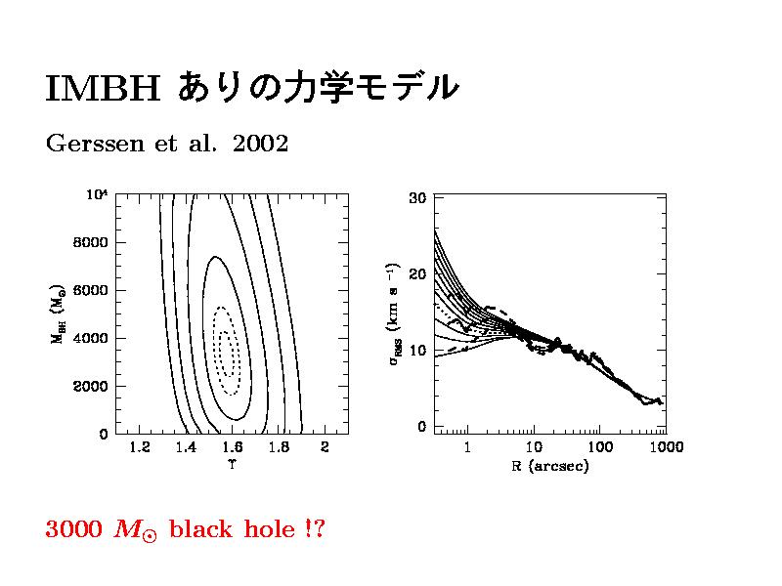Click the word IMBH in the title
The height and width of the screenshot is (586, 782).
(102, 88)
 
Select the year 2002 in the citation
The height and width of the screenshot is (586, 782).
(262, 145)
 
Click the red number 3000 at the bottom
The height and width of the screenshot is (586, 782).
(73, 529)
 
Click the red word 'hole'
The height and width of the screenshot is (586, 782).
(273, 529)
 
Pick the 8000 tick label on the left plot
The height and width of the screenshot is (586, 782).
(94, 242)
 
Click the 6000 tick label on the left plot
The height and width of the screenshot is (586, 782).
(94, 290)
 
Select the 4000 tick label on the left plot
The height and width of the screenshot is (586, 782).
(94, 338)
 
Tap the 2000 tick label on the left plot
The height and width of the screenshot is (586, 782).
(94, 386)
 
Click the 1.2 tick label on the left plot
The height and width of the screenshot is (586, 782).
(139, 448)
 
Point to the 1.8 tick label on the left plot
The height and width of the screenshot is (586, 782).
(279, 448)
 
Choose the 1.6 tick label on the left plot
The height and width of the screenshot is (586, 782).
(232, 448)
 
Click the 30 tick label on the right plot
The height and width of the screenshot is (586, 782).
(416, 198)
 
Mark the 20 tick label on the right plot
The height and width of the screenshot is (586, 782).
(416, 274)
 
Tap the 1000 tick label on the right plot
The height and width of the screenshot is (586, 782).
(667, 448)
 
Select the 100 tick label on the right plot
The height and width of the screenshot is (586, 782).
(600, 448)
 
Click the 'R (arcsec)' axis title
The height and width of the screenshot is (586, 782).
(550, 466)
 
